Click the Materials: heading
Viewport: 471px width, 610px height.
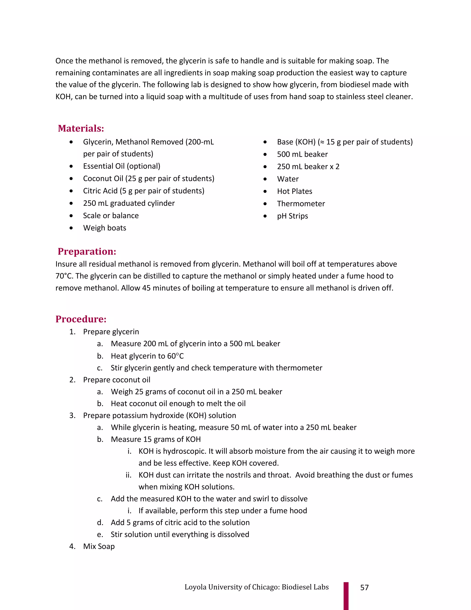coord(81,128)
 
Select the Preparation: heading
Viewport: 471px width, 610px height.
coord(87,251)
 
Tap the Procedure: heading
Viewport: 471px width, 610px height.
coord(81,319)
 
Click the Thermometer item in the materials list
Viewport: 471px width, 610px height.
coord(301,204)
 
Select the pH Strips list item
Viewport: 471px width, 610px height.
coord(293,216)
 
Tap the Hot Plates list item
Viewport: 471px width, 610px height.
coord(294,191)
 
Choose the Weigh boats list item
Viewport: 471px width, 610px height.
coord(105,228)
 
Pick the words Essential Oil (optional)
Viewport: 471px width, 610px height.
coord(122,166)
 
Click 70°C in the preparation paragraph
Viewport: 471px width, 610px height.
coord(64,276)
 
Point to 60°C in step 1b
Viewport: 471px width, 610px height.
coord(175,356)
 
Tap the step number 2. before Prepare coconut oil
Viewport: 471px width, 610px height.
coord(72,380)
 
